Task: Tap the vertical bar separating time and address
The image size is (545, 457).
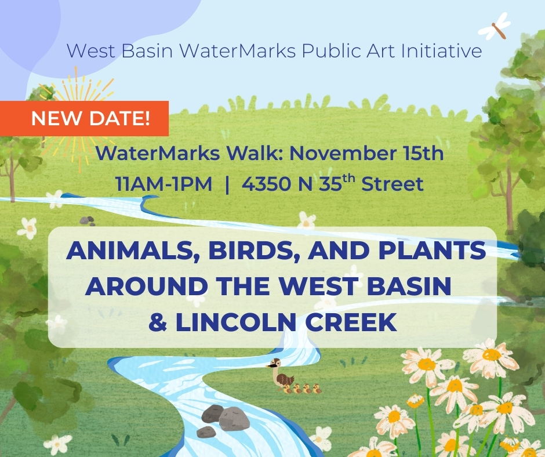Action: [227, 184]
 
